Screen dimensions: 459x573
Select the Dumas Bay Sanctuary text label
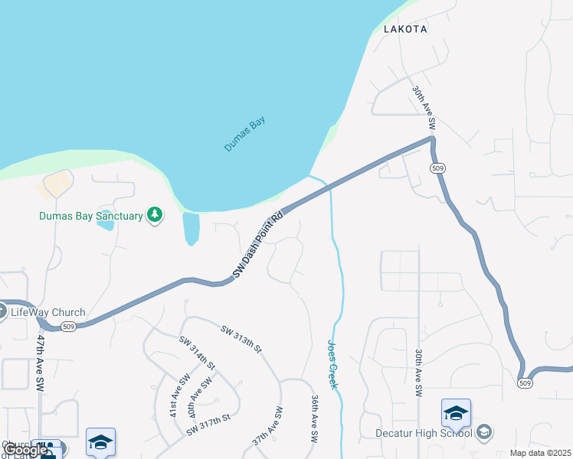coord(91,216)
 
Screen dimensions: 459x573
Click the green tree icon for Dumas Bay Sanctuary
coord(156,215)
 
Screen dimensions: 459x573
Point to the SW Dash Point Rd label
coord(257,245)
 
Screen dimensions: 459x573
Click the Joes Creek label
coord(333,364)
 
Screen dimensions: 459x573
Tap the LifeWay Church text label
coord(47,312)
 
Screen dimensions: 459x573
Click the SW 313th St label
coord(241,339)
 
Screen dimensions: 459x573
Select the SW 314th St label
coord(197,353)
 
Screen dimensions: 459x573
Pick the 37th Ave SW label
coord(268,427)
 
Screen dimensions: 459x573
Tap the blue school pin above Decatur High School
coord(456,414)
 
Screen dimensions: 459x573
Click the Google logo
coord(25,450)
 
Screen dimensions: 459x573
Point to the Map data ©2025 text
coord(541,453)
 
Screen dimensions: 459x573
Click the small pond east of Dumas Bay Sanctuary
coord(191,228)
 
